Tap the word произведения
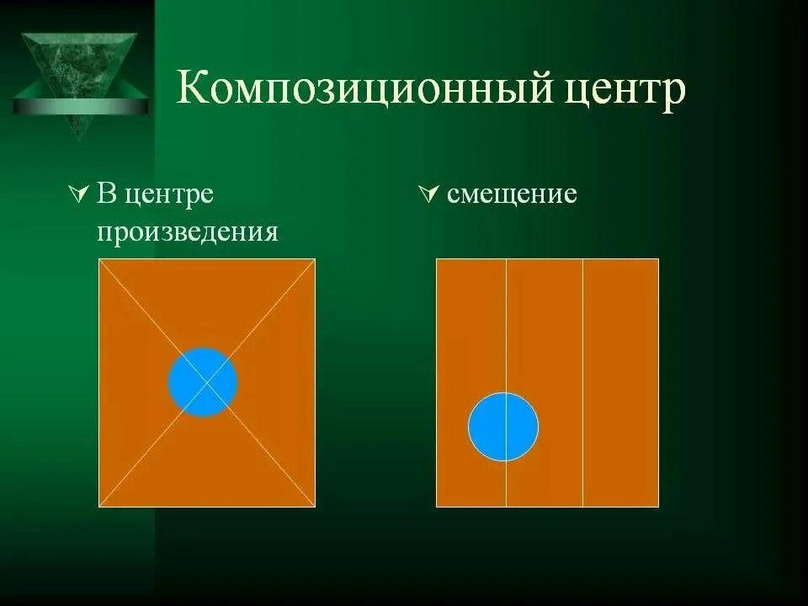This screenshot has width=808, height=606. point(187,231)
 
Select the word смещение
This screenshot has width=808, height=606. point(512,195)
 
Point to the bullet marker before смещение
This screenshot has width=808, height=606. point(428,195)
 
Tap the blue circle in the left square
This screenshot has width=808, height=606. point(203,382)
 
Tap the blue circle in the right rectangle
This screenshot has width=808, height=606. point(503,427)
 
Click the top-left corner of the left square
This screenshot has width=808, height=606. point(99,259)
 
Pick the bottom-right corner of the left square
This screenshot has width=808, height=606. point(315,507)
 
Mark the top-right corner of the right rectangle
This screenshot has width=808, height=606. point(658,259)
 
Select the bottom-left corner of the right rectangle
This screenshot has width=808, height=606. point(437,507)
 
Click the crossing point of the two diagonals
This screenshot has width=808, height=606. point(207,383)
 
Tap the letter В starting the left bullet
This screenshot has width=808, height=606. point(105,194)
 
